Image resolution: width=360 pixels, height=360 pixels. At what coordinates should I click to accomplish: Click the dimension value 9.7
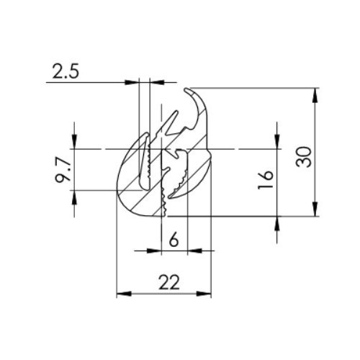63,169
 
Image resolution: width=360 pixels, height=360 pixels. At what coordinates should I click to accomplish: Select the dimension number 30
305,154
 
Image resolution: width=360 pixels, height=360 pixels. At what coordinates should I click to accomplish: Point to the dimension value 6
174,240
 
